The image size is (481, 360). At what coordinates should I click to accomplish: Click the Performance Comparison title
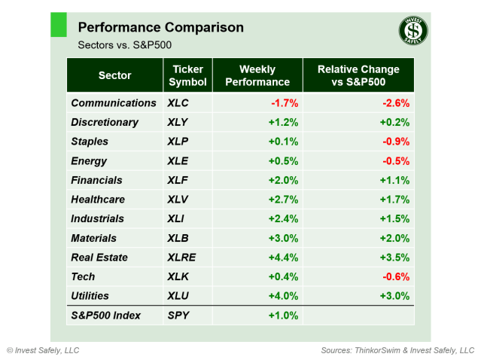[160, 27]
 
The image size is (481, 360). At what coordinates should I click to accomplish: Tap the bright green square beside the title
[59, 24]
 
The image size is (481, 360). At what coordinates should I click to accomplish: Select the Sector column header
[114, 75]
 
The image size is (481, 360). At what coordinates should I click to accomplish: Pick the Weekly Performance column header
[258, 75]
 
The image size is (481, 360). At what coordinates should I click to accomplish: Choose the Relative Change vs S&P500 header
[358, 75]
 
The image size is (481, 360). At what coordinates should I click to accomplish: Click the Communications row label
[113, 102]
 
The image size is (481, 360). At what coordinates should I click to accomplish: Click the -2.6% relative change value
[395, 102]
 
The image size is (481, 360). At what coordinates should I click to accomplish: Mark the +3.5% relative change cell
[394, 258]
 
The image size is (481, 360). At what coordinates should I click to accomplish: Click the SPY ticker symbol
[179, 316]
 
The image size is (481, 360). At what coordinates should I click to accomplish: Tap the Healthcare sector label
[98, 200]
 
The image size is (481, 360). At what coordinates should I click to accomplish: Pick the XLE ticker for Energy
[179, 160]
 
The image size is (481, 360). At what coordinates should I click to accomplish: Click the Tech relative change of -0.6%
[395, 277]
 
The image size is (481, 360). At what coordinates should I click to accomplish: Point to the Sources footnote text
[397, 350]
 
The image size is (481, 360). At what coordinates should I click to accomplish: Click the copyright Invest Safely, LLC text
[43, 350]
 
